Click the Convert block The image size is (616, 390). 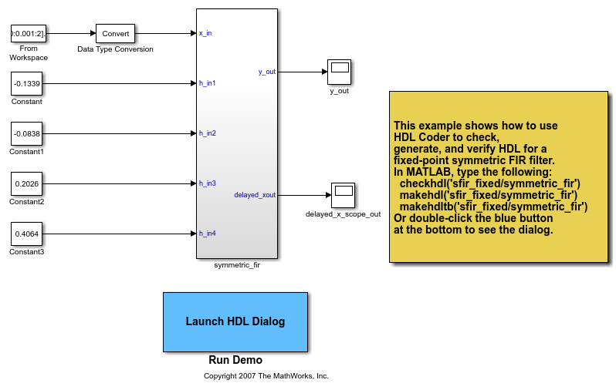tap(115, 33)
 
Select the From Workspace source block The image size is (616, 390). tap(29, 33)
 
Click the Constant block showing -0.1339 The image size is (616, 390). tap(29, 83)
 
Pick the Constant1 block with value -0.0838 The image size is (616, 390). tap(29, 133)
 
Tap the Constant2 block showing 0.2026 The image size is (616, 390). tap(29, 183)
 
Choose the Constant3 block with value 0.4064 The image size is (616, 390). tap(29, 233)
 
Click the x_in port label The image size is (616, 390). tap(205, 33)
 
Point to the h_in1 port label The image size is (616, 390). tap(207, 83)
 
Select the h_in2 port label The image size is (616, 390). tap(207, 133)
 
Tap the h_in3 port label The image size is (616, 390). tap(207, 183)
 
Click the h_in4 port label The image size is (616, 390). tap(207, 233)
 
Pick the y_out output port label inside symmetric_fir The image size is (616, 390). tap(266, 72)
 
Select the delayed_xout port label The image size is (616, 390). tap(255, 195)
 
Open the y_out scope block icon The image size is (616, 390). tap(339, 72)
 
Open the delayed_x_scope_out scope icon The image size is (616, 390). tap(343, 195)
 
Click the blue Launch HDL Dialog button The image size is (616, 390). tap(235, 321)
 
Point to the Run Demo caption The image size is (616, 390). tap(235, 360)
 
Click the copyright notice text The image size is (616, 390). tap(266, 376)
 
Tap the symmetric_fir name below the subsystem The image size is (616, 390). tap(237, 264)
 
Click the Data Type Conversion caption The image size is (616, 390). tap(115, 49)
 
